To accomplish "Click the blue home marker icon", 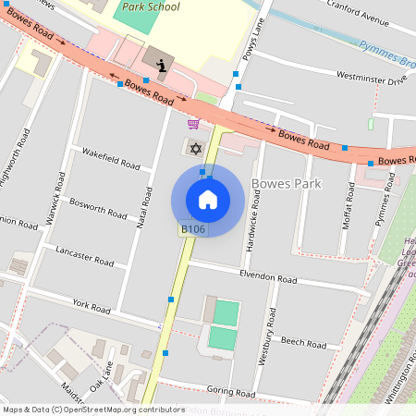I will coord(208,200).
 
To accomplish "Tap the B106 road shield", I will coord(191,229).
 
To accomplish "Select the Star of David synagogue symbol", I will coord(195,148).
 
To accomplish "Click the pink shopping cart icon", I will coord(193,124).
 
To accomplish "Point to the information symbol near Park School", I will coord(162,65).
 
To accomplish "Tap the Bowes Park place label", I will coord(286,184).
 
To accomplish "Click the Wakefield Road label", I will coord(111,158).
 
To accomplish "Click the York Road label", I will coord(92,305).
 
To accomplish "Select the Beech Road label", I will coord(303,342).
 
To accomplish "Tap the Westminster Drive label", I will coord(372,78).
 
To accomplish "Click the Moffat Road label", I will coord(348,206).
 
